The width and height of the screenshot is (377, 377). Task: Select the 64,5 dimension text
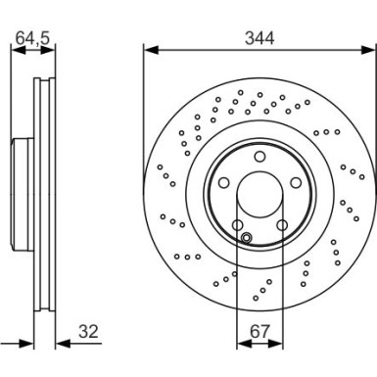[x=32, y=38]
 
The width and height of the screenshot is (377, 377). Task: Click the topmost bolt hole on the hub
[x=259, y=157]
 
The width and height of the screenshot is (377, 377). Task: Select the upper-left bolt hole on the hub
[x=224, y=182]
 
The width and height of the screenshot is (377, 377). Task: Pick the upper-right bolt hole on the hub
[x=296, y=182]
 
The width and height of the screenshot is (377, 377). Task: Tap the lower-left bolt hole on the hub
[x=238, y=225]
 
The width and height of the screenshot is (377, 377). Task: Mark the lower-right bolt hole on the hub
[x=282, y=225]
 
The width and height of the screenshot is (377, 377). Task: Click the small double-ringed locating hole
[x=247, y=237]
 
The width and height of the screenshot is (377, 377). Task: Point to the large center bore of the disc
[x=259, y=195]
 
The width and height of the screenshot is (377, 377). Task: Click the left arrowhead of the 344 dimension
[x=148, y=49]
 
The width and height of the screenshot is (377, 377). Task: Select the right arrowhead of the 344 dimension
[x=371, y=49]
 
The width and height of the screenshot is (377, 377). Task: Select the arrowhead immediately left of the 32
[x=60, y=344]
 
